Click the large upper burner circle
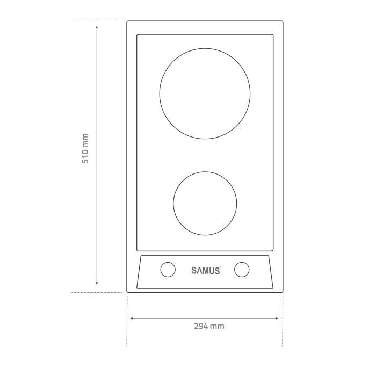[205, 93]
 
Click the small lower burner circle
[205, 203]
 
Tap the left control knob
[168, 270]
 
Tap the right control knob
[242, 270]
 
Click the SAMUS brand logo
[206, 271]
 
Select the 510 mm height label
[85, 149]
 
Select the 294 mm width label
[209, 326]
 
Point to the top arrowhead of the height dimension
[97, 26]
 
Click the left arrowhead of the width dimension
[132, 319]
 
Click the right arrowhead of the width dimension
[277, 319]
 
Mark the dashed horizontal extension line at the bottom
[97, 293]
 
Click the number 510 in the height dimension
[85, 155]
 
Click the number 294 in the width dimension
[201, 326]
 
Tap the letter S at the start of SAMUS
[194, 271]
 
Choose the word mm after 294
[218, 326]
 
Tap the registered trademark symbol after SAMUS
[220, 267]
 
